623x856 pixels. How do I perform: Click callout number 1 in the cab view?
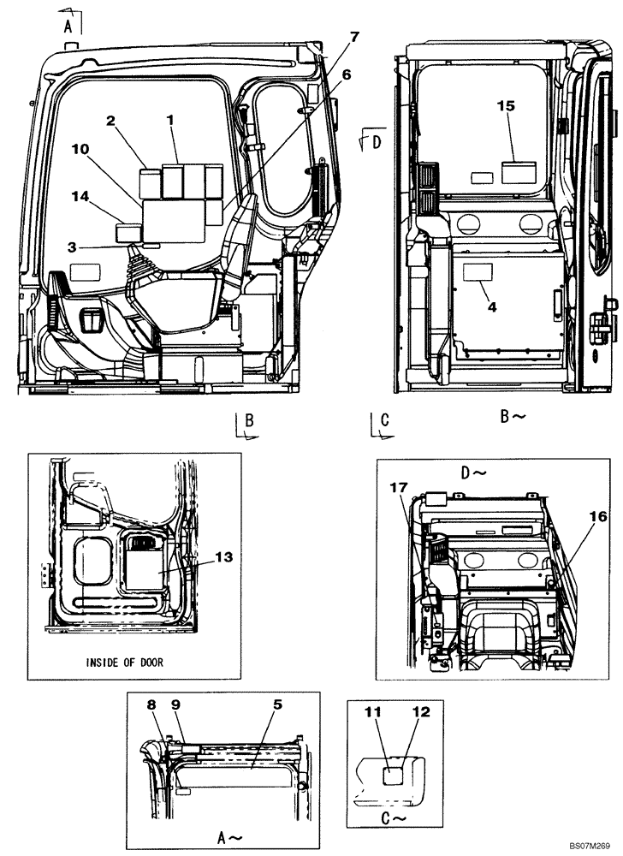[x=171, y=122]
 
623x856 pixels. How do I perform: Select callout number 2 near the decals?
[x=111, y=122]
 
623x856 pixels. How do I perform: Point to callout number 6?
[x=347, y=75]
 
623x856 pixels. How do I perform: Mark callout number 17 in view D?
[x=400, y=488]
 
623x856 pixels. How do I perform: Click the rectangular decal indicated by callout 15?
[x=519, y=171]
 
